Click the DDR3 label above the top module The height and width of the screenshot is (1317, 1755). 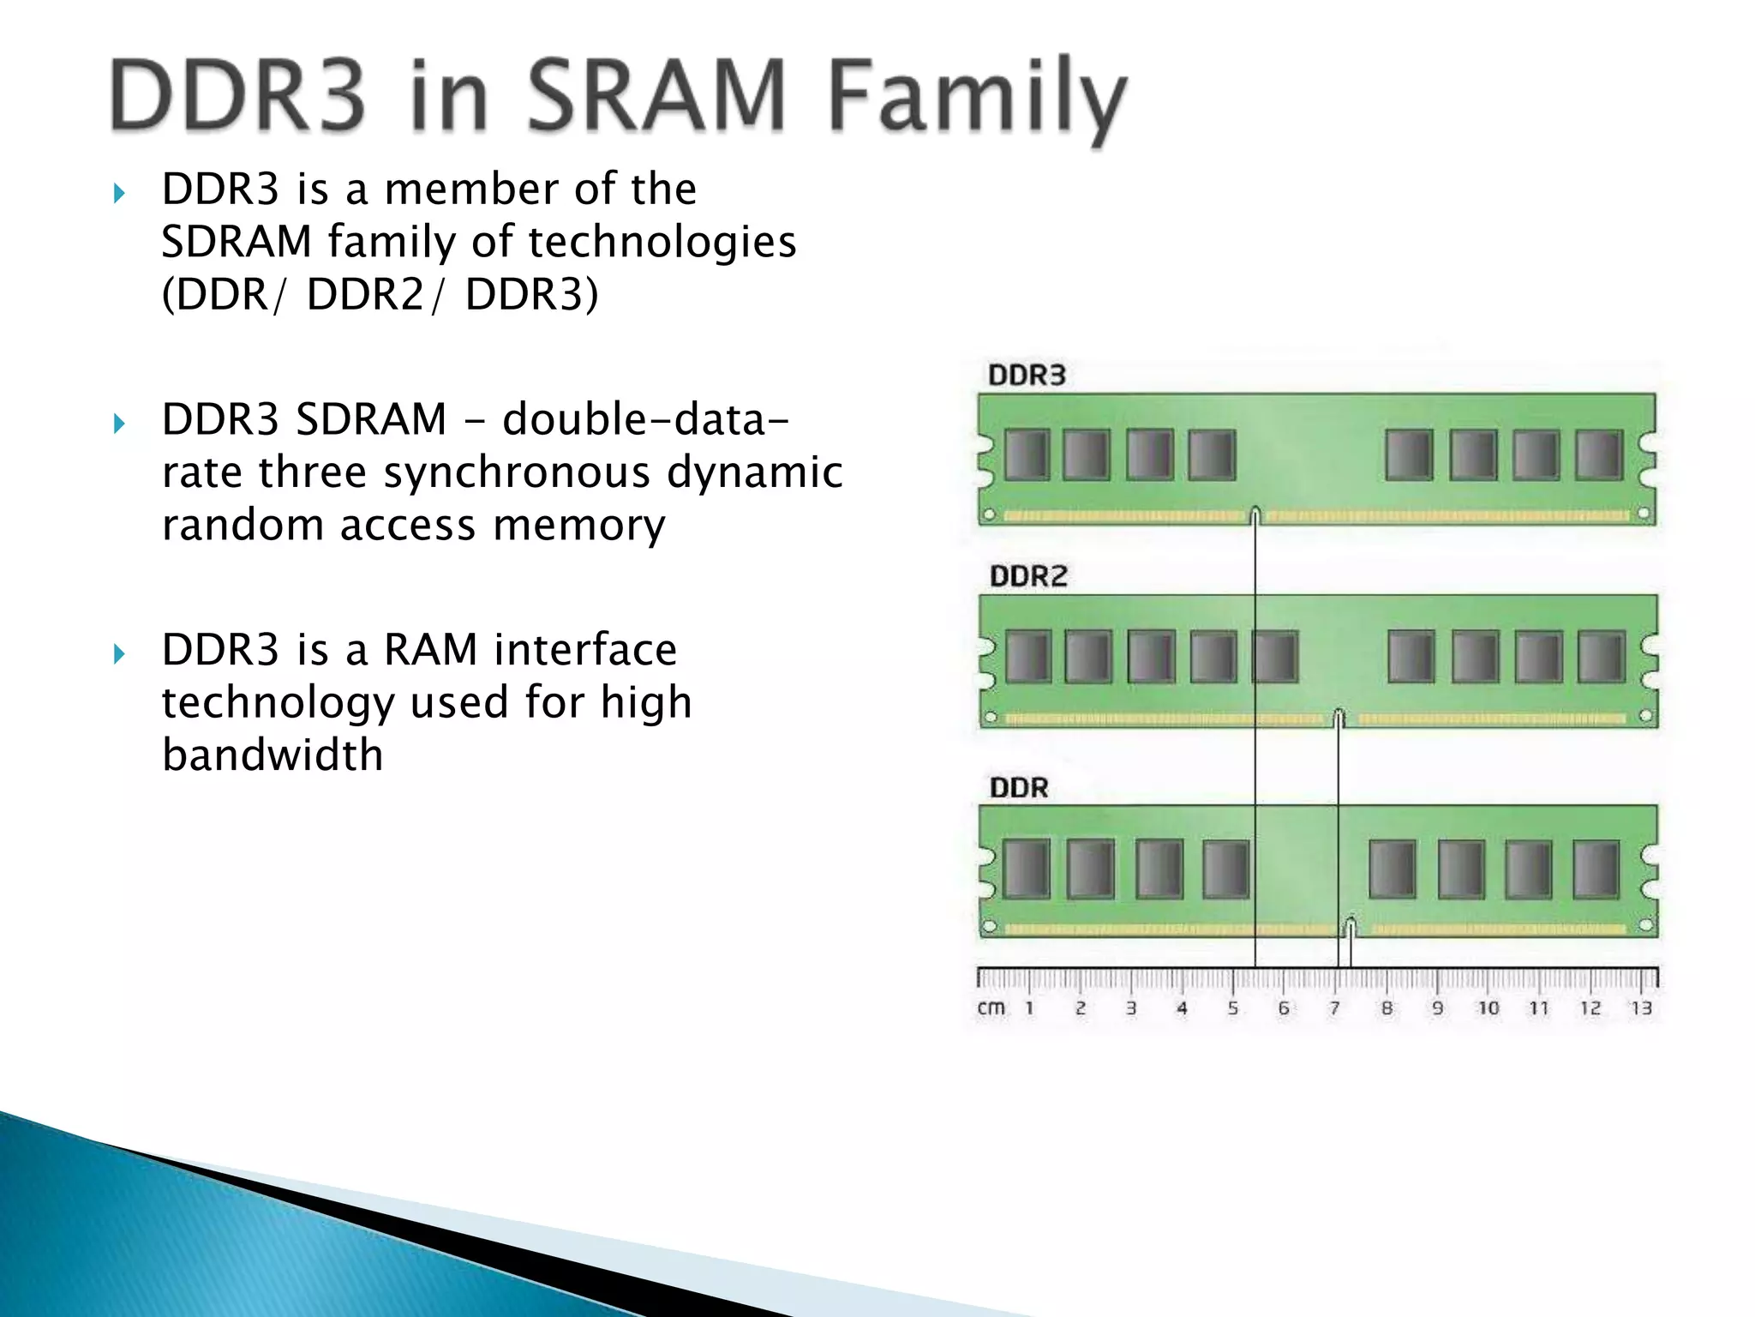coord(1027,376)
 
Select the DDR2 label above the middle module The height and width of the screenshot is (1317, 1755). coord(1028,576)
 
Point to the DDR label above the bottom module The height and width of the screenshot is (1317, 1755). coord(1018,787)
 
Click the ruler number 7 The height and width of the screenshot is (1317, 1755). coord(1334,1008)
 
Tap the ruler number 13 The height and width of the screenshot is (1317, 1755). coord(1640,1008)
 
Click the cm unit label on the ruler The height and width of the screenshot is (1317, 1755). coord(991,1008)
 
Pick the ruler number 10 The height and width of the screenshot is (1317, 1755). coord(1488,1008)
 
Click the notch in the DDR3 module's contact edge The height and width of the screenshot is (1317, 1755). coord(1255,515)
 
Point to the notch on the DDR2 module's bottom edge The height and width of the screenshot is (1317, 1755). coord(1339,717)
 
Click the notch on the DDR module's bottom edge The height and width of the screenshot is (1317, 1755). coord(1351,927)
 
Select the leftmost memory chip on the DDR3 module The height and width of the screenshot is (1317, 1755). coord(1026,454)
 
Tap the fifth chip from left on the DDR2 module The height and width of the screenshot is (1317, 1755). coord(1275,657)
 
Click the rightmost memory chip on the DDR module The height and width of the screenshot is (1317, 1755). coord(1596,869)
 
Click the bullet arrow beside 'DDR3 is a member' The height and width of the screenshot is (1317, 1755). coord(119,193)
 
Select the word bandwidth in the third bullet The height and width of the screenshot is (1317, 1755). coord(273,755)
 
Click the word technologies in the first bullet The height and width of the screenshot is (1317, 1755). coord(662,242)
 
